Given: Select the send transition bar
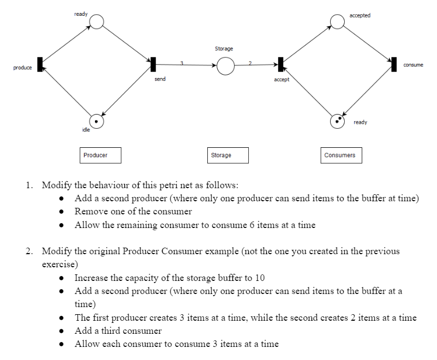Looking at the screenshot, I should click(153, 64).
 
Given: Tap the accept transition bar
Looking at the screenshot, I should click(280, 64).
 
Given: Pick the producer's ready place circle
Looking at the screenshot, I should click(97, 22).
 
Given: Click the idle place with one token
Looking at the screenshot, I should click(97, 121).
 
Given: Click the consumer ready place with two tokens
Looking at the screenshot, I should click(338, 121).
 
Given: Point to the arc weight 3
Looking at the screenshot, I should click(181, 63).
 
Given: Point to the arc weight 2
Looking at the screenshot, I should click(249, 63).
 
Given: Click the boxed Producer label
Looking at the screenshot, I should click(100, 155).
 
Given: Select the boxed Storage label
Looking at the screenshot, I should click(228, 155).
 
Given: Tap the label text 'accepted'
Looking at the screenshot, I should click(360, 15).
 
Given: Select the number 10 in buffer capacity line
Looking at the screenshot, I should click(260, 278).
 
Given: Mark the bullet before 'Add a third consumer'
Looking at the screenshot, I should click(63, 331).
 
